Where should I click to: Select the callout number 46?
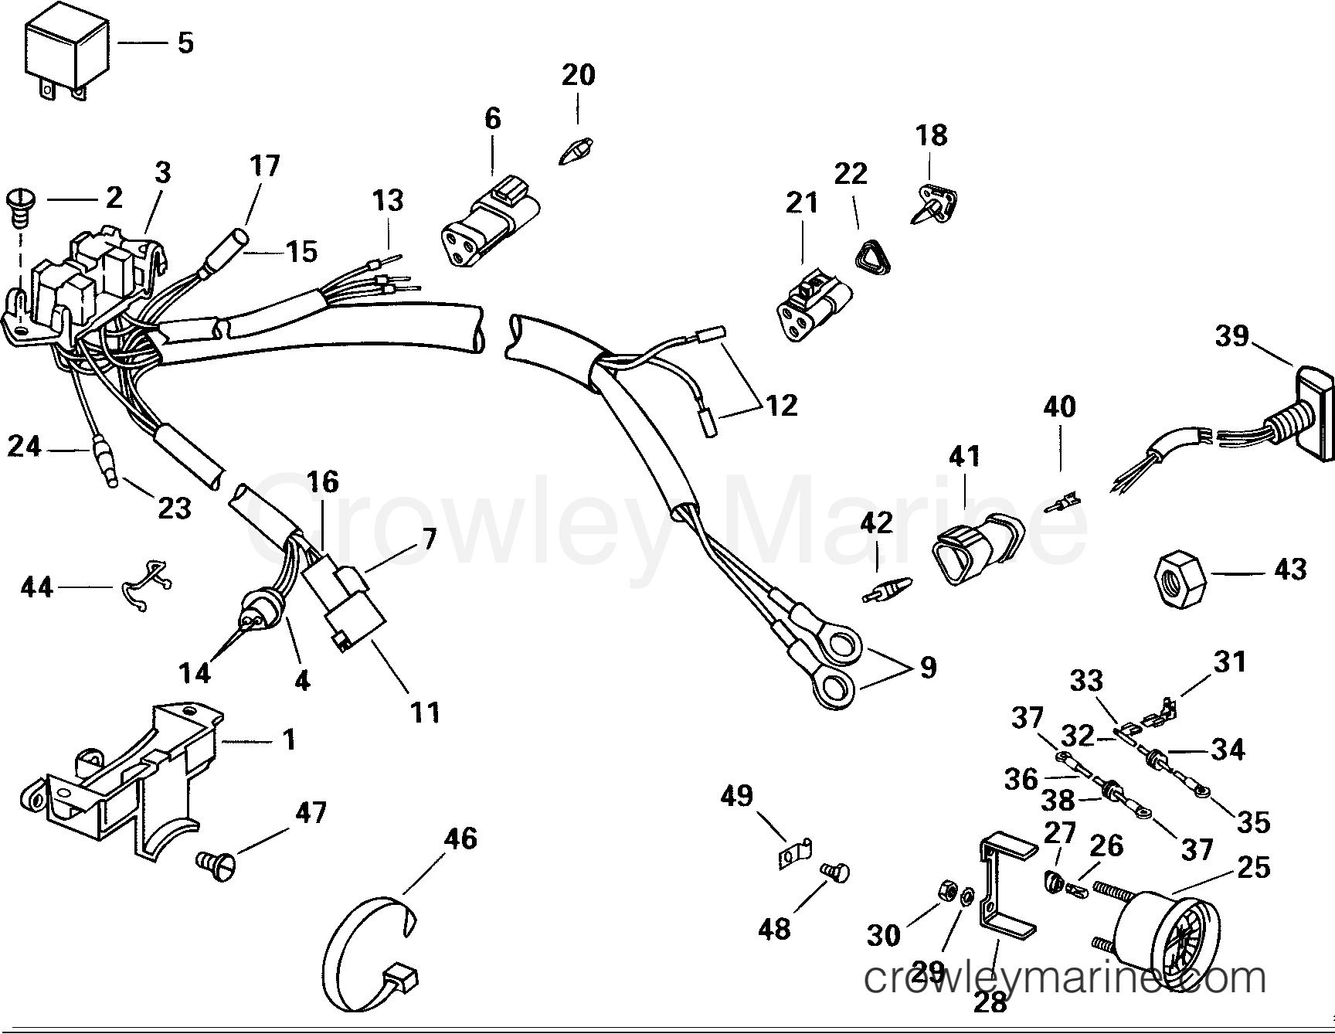[x=460, y=839]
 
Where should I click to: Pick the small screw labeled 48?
[x=834, y=873]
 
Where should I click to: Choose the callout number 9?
[x=927, y=667]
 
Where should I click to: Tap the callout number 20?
[x=578, y=75]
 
